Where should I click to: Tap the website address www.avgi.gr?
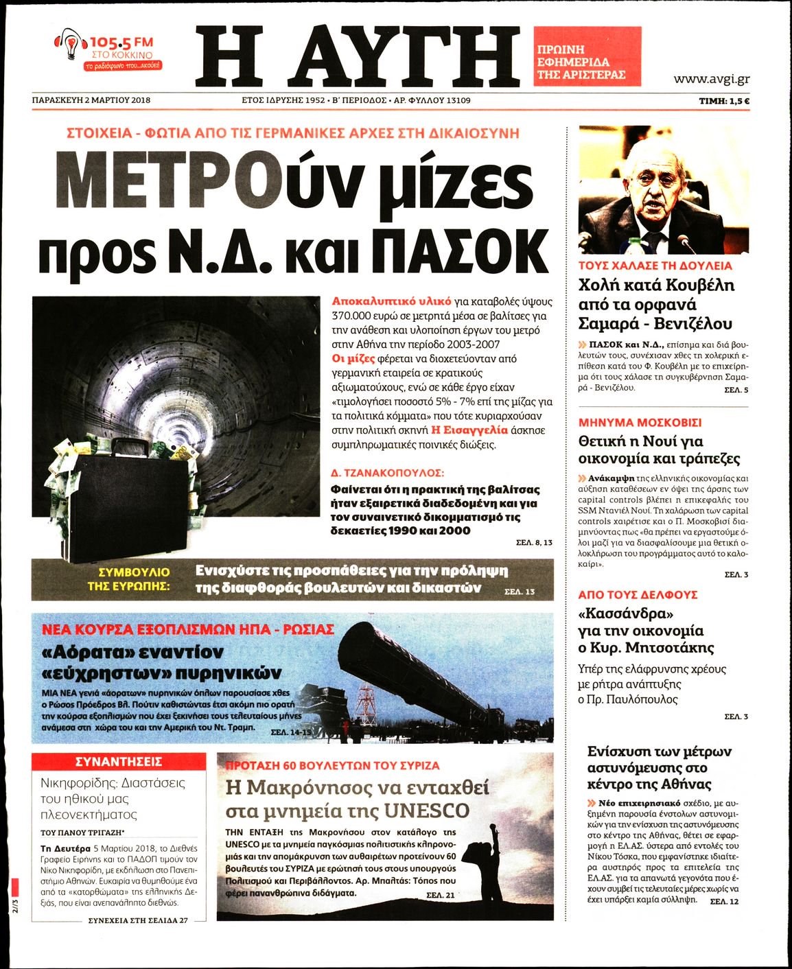click(711, 79)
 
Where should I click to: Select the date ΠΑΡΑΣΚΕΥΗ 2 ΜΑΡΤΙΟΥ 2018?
click(91, 100)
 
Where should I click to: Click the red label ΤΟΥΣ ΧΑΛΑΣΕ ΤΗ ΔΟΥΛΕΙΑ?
click(655, 266)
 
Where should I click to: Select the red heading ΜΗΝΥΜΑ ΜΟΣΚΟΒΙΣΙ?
click(640, 423)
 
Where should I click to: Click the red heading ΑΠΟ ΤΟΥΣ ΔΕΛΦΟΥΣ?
click(638, 594)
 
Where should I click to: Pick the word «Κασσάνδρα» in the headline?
click(625, 614)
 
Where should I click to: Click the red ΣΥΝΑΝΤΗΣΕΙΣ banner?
click(119, 762)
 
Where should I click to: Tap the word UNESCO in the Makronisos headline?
click(426, 810)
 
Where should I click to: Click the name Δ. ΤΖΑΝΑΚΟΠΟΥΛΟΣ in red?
click(387, 473)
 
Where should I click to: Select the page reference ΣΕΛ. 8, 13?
click(533, 542)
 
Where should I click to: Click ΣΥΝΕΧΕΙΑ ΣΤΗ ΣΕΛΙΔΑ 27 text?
click(138, 921)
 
